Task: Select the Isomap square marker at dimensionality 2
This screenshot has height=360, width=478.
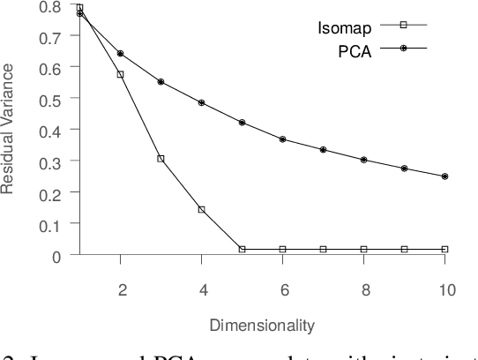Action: click(120, 74)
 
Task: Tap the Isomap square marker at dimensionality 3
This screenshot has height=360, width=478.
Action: click(161, 159)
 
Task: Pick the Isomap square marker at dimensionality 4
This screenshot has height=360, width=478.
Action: click(201, 210)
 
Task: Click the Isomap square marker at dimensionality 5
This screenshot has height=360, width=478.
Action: click(242, 250)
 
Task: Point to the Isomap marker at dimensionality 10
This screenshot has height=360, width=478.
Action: click(444, 250)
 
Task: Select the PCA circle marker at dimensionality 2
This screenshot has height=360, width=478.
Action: click(120, 54)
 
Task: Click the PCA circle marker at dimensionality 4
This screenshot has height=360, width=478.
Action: click(201, 103)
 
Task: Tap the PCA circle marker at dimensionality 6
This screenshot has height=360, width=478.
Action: click(282, 139)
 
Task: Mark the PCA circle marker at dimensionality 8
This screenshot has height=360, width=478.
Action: click(363, 160)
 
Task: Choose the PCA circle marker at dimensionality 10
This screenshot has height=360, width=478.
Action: click(444, 176)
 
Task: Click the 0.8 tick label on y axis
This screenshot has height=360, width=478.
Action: click(51, 7)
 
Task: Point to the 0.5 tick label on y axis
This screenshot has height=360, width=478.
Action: click(51, 99)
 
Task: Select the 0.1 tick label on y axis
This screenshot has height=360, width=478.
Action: click(51, 224)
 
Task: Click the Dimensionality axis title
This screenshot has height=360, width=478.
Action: click(262, 326)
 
